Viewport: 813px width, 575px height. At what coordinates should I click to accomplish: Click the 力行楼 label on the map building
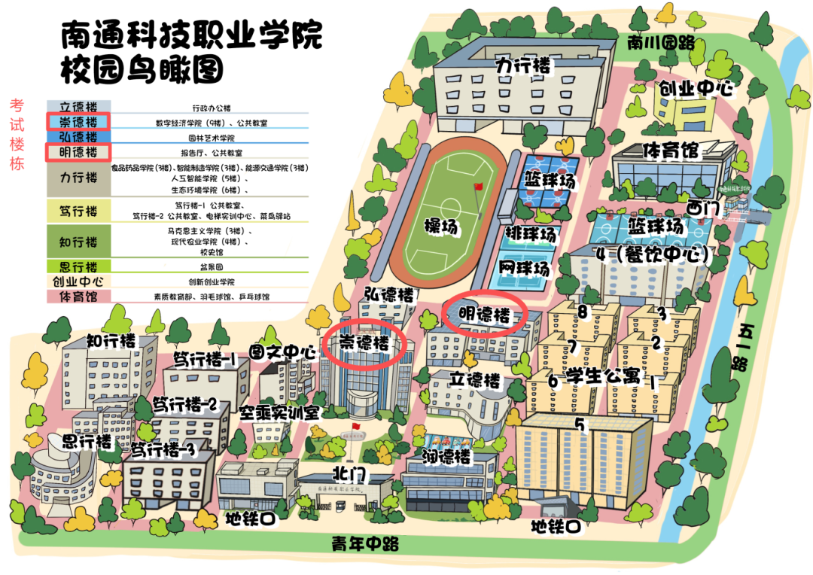523,66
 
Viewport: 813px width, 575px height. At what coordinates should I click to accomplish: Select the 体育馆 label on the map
670,151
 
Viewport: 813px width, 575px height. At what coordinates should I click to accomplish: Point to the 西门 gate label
703,206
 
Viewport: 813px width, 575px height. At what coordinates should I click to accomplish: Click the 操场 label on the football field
442,225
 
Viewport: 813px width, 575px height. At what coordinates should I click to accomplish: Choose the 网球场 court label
524,268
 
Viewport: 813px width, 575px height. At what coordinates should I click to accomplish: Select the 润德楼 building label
446,457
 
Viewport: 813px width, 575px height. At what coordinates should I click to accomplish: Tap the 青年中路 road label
365,544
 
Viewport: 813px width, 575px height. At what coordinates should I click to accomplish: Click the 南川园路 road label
660,43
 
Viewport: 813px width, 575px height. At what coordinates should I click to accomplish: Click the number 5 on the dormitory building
580,424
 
